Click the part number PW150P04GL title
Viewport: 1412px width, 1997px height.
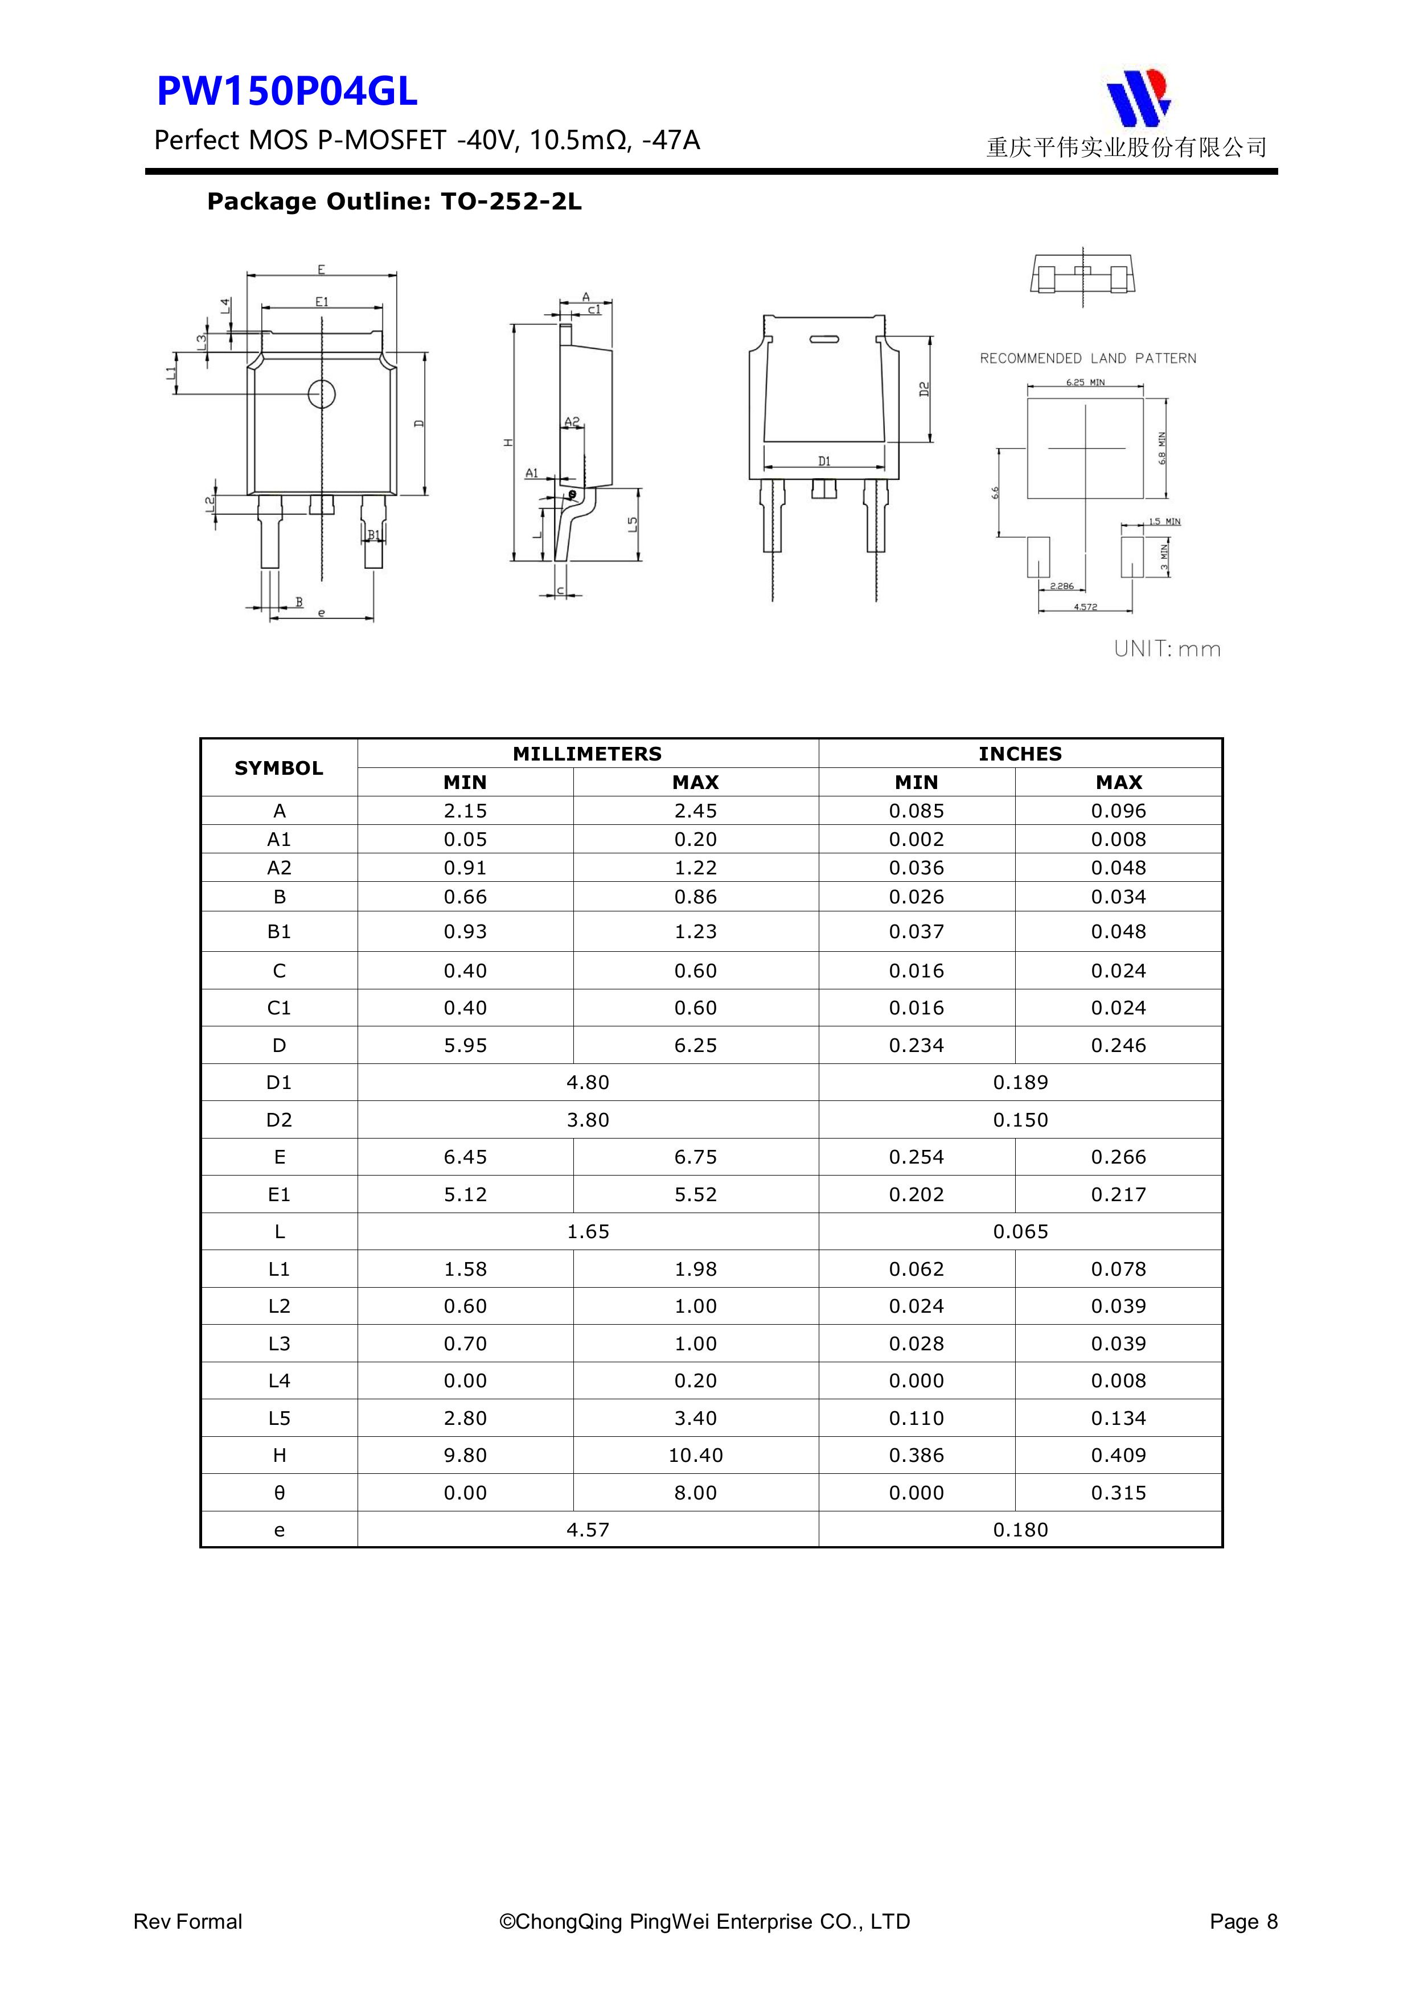pos(286,91)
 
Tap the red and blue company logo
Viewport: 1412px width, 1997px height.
pos(1138,97)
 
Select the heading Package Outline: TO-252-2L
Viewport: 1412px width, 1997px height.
pos(394,202)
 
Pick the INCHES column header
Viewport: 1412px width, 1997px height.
pos(1020,753)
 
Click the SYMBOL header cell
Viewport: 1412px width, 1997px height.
pos(278,768)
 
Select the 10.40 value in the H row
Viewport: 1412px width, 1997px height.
pos(695,1455)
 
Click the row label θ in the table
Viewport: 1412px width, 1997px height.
pos(278,1493)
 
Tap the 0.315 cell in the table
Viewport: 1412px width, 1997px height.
pos(1118,1493)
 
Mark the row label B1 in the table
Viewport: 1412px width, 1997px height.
pos(278,931)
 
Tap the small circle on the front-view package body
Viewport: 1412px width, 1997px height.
pos(322,394)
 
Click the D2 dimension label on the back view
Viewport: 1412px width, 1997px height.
pos(925,389)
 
